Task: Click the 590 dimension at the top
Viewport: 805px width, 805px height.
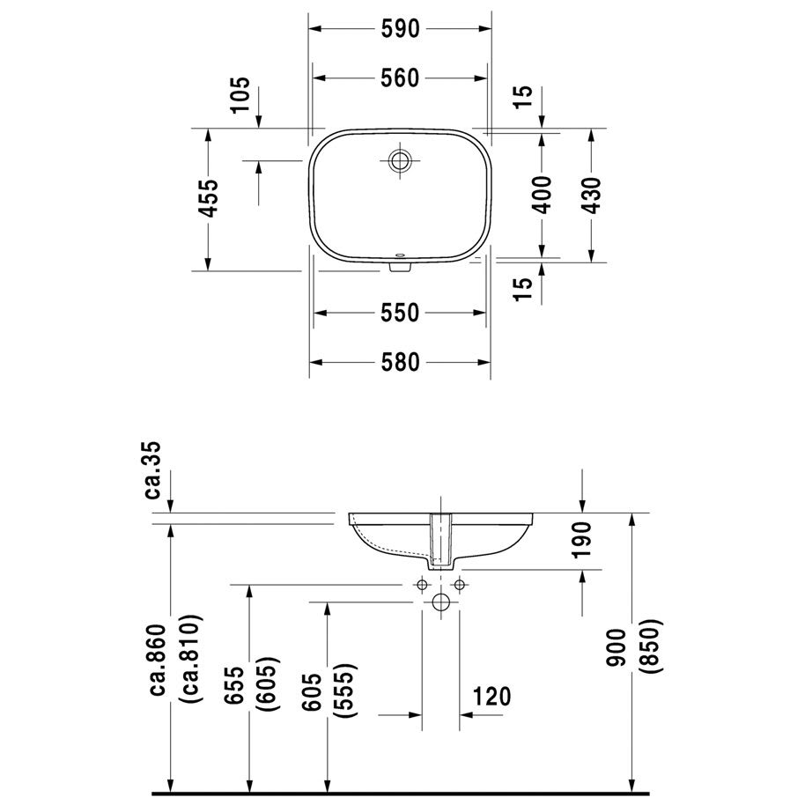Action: pos(400,29)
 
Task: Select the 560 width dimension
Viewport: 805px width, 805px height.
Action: pos(400,78)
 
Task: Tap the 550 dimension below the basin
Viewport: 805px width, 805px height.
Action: pos(400,312)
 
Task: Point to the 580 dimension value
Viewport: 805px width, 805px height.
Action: pos(400,362)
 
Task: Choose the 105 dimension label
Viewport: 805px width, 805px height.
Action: pos(240,95)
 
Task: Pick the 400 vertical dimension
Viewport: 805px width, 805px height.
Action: pos(542,195)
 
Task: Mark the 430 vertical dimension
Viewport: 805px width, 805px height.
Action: pos(592,196)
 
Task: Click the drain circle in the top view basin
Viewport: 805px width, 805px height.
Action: pos(399,160)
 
